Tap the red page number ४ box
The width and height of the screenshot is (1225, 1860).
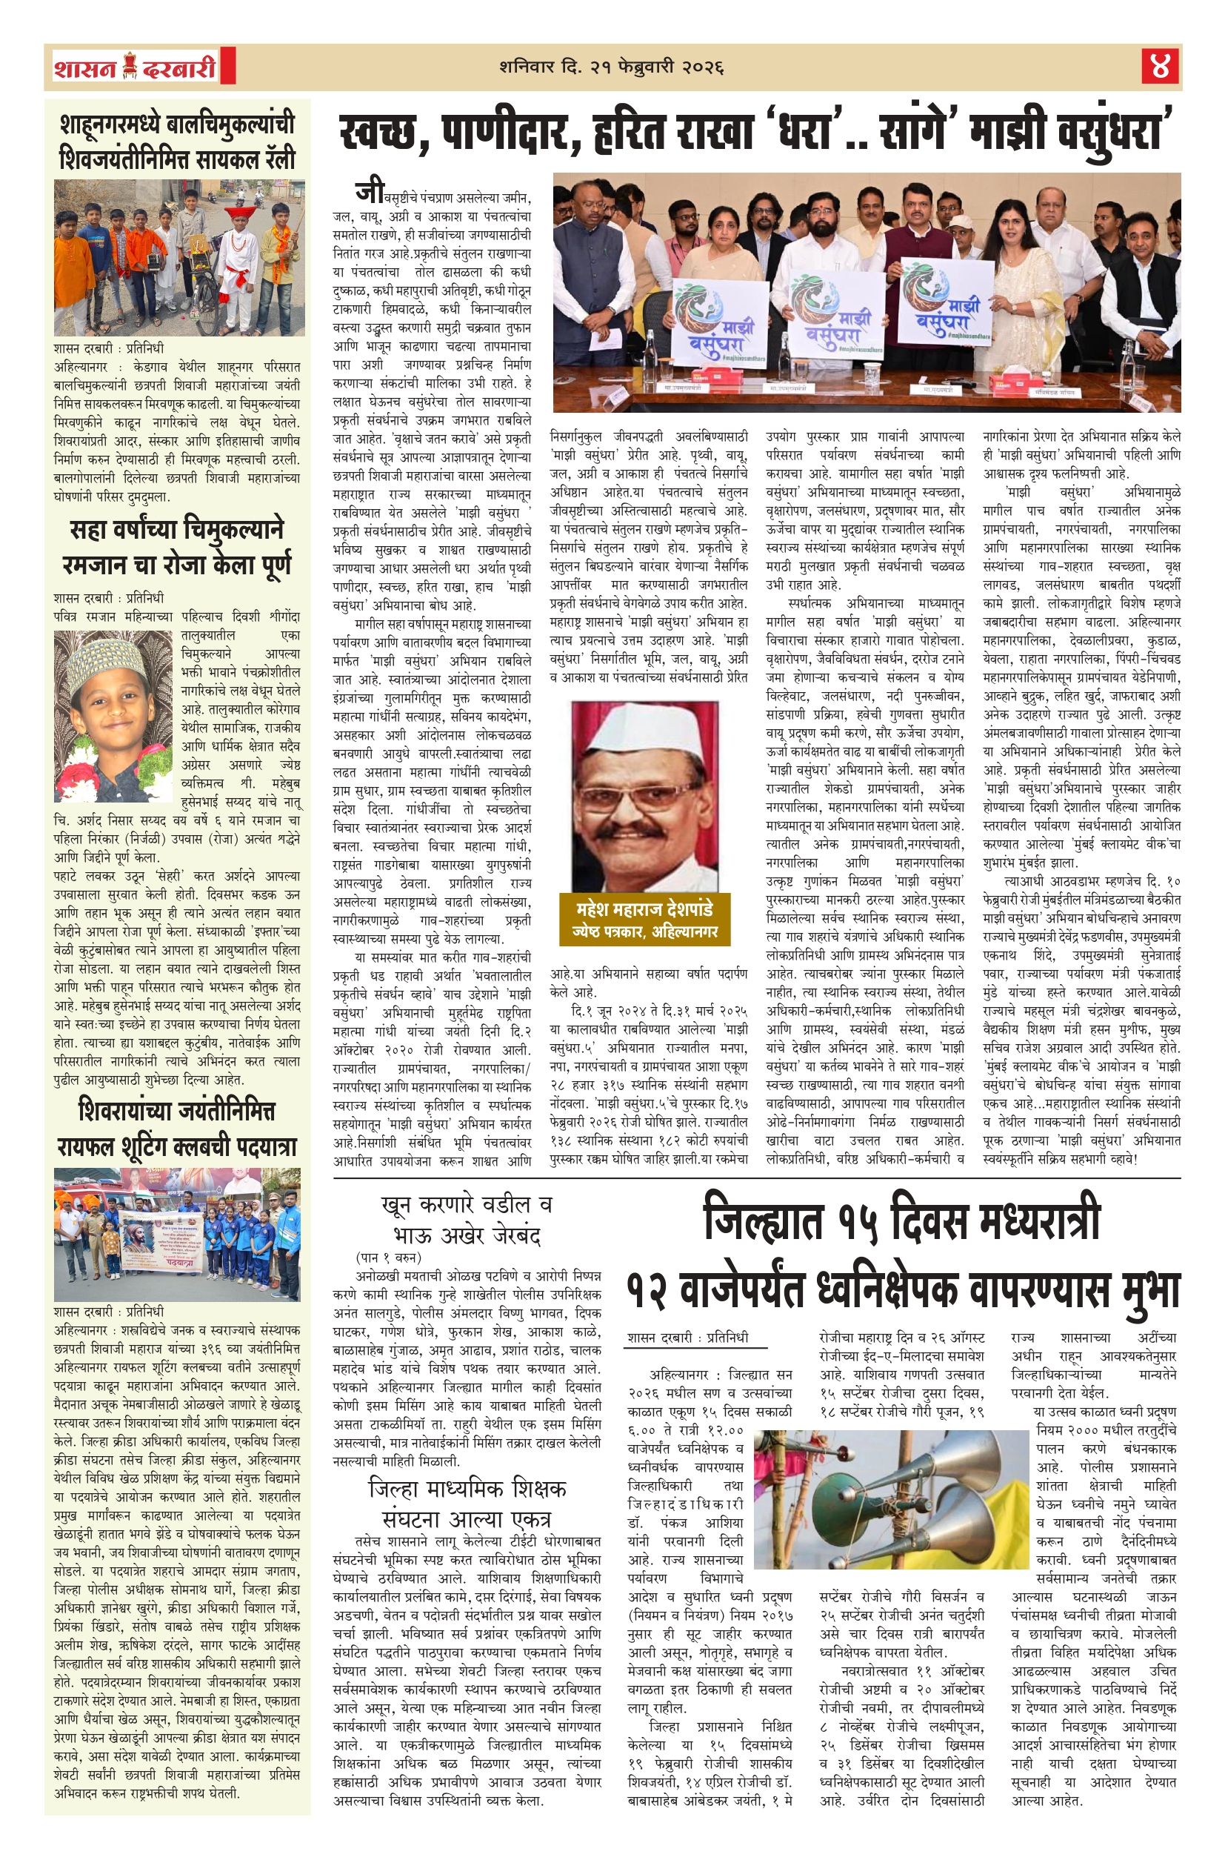1159,67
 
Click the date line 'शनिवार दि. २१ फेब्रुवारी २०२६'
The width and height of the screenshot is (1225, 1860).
612,67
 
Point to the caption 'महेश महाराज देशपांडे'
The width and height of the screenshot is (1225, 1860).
644,909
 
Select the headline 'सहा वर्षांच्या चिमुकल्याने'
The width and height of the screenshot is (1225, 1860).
176,530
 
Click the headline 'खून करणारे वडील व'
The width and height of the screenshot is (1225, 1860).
467,1204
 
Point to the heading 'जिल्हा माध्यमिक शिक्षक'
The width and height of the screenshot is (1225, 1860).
467,1488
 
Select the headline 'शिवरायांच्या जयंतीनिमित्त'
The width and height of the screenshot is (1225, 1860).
176,1112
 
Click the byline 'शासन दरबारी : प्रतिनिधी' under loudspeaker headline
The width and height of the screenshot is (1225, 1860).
687,1337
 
